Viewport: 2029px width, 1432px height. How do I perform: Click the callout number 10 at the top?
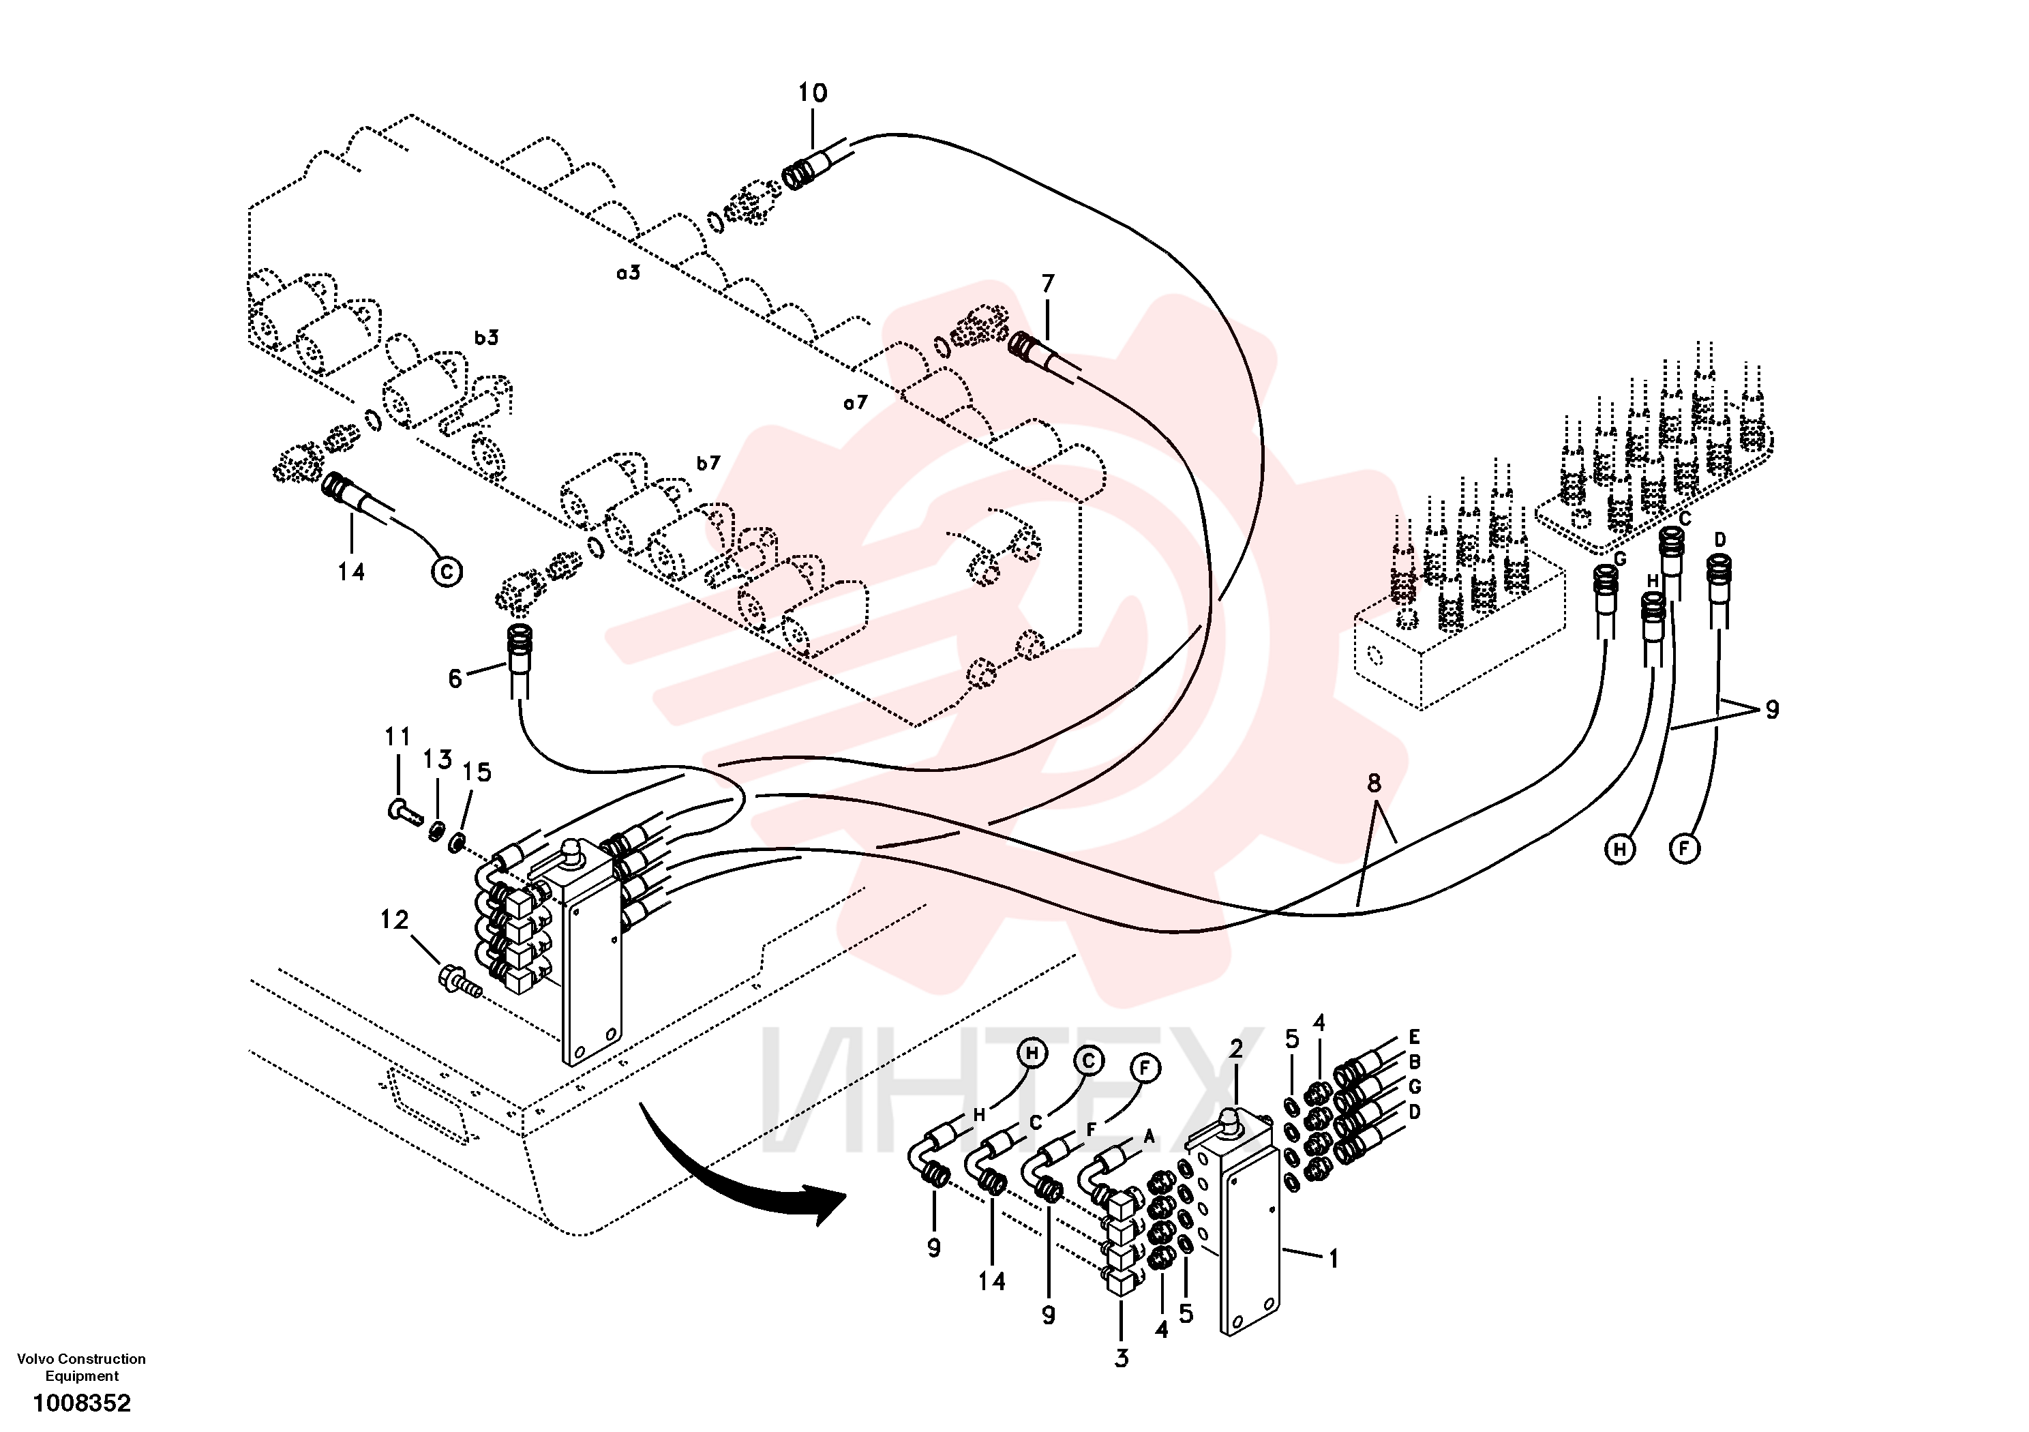[812, 93]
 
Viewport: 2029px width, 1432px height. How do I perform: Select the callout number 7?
[1048, 283]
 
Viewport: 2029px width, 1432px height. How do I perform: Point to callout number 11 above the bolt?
[397, 736]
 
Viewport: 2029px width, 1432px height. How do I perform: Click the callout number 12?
[394, 920]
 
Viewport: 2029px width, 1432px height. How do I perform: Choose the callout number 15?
[477, 772]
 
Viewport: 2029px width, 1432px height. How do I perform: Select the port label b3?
[486, 337]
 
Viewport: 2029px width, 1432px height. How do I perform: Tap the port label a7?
[856, 403]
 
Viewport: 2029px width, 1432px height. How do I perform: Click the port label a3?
[629, 273]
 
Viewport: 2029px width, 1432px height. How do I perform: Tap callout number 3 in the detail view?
[1122, 1358]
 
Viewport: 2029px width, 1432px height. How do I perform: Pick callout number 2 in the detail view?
[1236, 1048]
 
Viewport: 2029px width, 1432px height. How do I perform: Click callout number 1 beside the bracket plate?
[1334, 1258]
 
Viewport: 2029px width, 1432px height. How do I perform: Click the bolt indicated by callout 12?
[460, 981]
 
